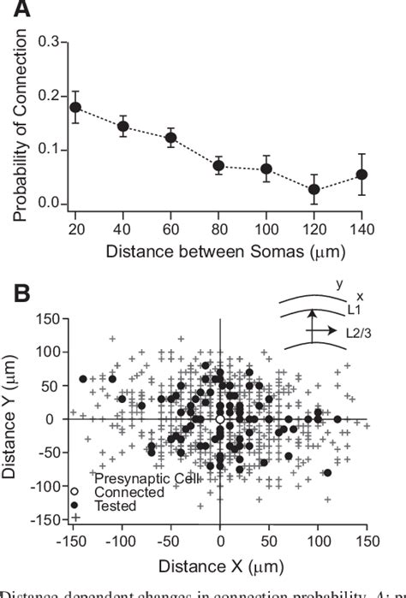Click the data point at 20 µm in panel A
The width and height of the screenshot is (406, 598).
tap(75, 107)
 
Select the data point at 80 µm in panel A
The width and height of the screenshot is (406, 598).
tap(219, 165)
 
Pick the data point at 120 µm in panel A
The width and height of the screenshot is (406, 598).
tap(315, 188)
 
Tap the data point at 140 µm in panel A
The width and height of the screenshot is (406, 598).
tap(362, 175)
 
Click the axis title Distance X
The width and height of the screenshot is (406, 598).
tap(221, 565)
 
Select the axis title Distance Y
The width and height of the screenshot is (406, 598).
tap(12, 419)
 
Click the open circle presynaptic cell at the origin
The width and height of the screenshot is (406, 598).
tap(220, 419)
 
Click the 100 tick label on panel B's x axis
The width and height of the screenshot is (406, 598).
tap(319, 543)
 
